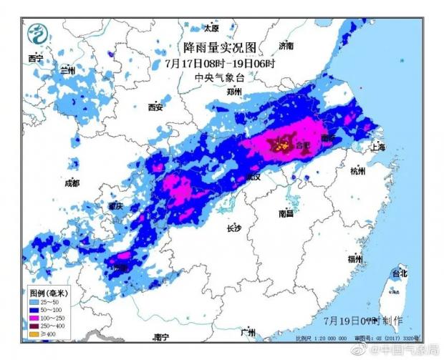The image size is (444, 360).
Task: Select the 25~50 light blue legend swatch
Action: (x=34, y=303)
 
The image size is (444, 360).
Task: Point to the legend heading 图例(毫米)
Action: (x=47, y=293)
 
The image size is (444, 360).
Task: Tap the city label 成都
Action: (x=72, y=183)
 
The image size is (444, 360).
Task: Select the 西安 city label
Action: (x=155, y=107)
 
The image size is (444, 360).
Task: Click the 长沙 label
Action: (x=234, y=228)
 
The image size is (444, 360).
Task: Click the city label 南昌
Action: (x=286, y=213)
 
